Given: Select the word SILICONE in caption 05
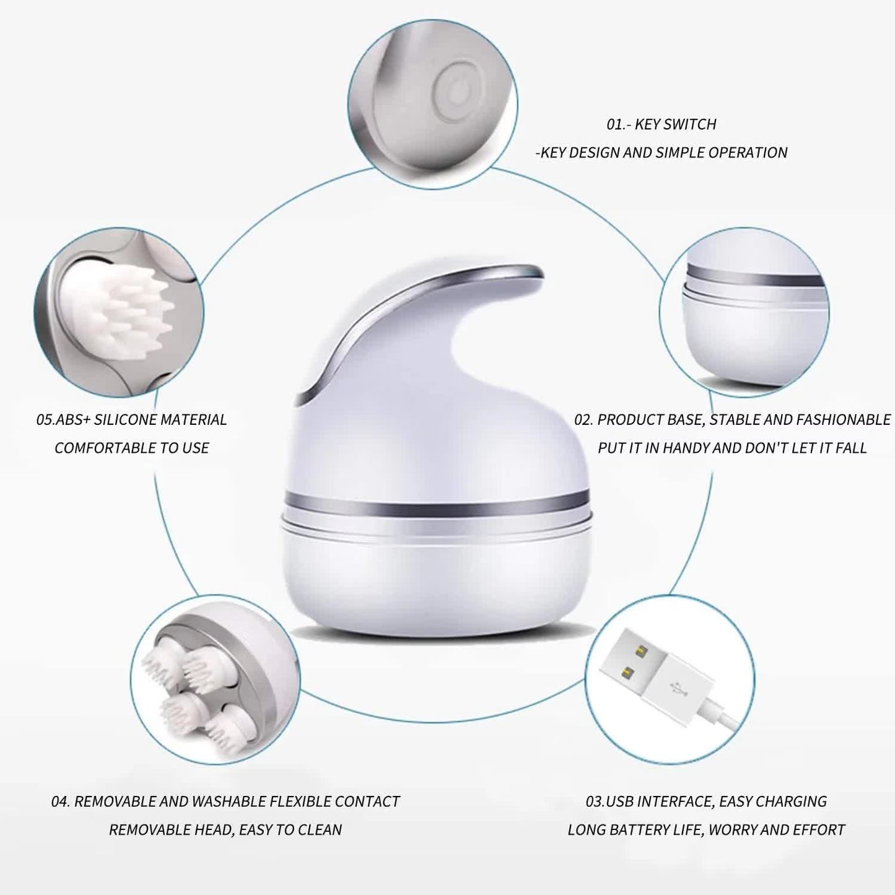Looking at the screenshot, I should (126, 420).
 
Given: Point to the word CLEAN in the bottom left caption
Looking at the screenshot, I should (320, 829).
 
